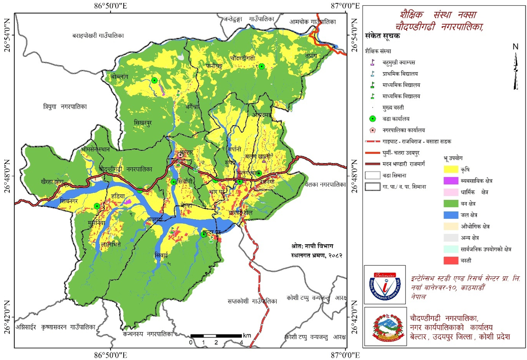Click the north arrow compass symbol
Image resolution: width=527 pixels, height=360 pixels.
pos(516,66)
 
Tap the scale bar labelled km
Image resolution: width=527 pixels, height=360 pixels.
pos(217,335)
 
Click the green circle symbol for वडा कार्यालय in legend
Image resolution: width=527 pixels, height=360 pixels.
pos(373,118)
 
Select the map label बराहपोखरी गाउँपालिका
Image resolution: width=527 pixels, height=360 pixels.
pos(97,35)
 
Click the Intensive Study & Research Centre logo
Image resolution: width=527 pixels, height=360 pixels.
pos(384,284)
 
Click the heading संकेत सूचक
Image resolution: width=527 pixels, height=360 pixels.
pos(383,36)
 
